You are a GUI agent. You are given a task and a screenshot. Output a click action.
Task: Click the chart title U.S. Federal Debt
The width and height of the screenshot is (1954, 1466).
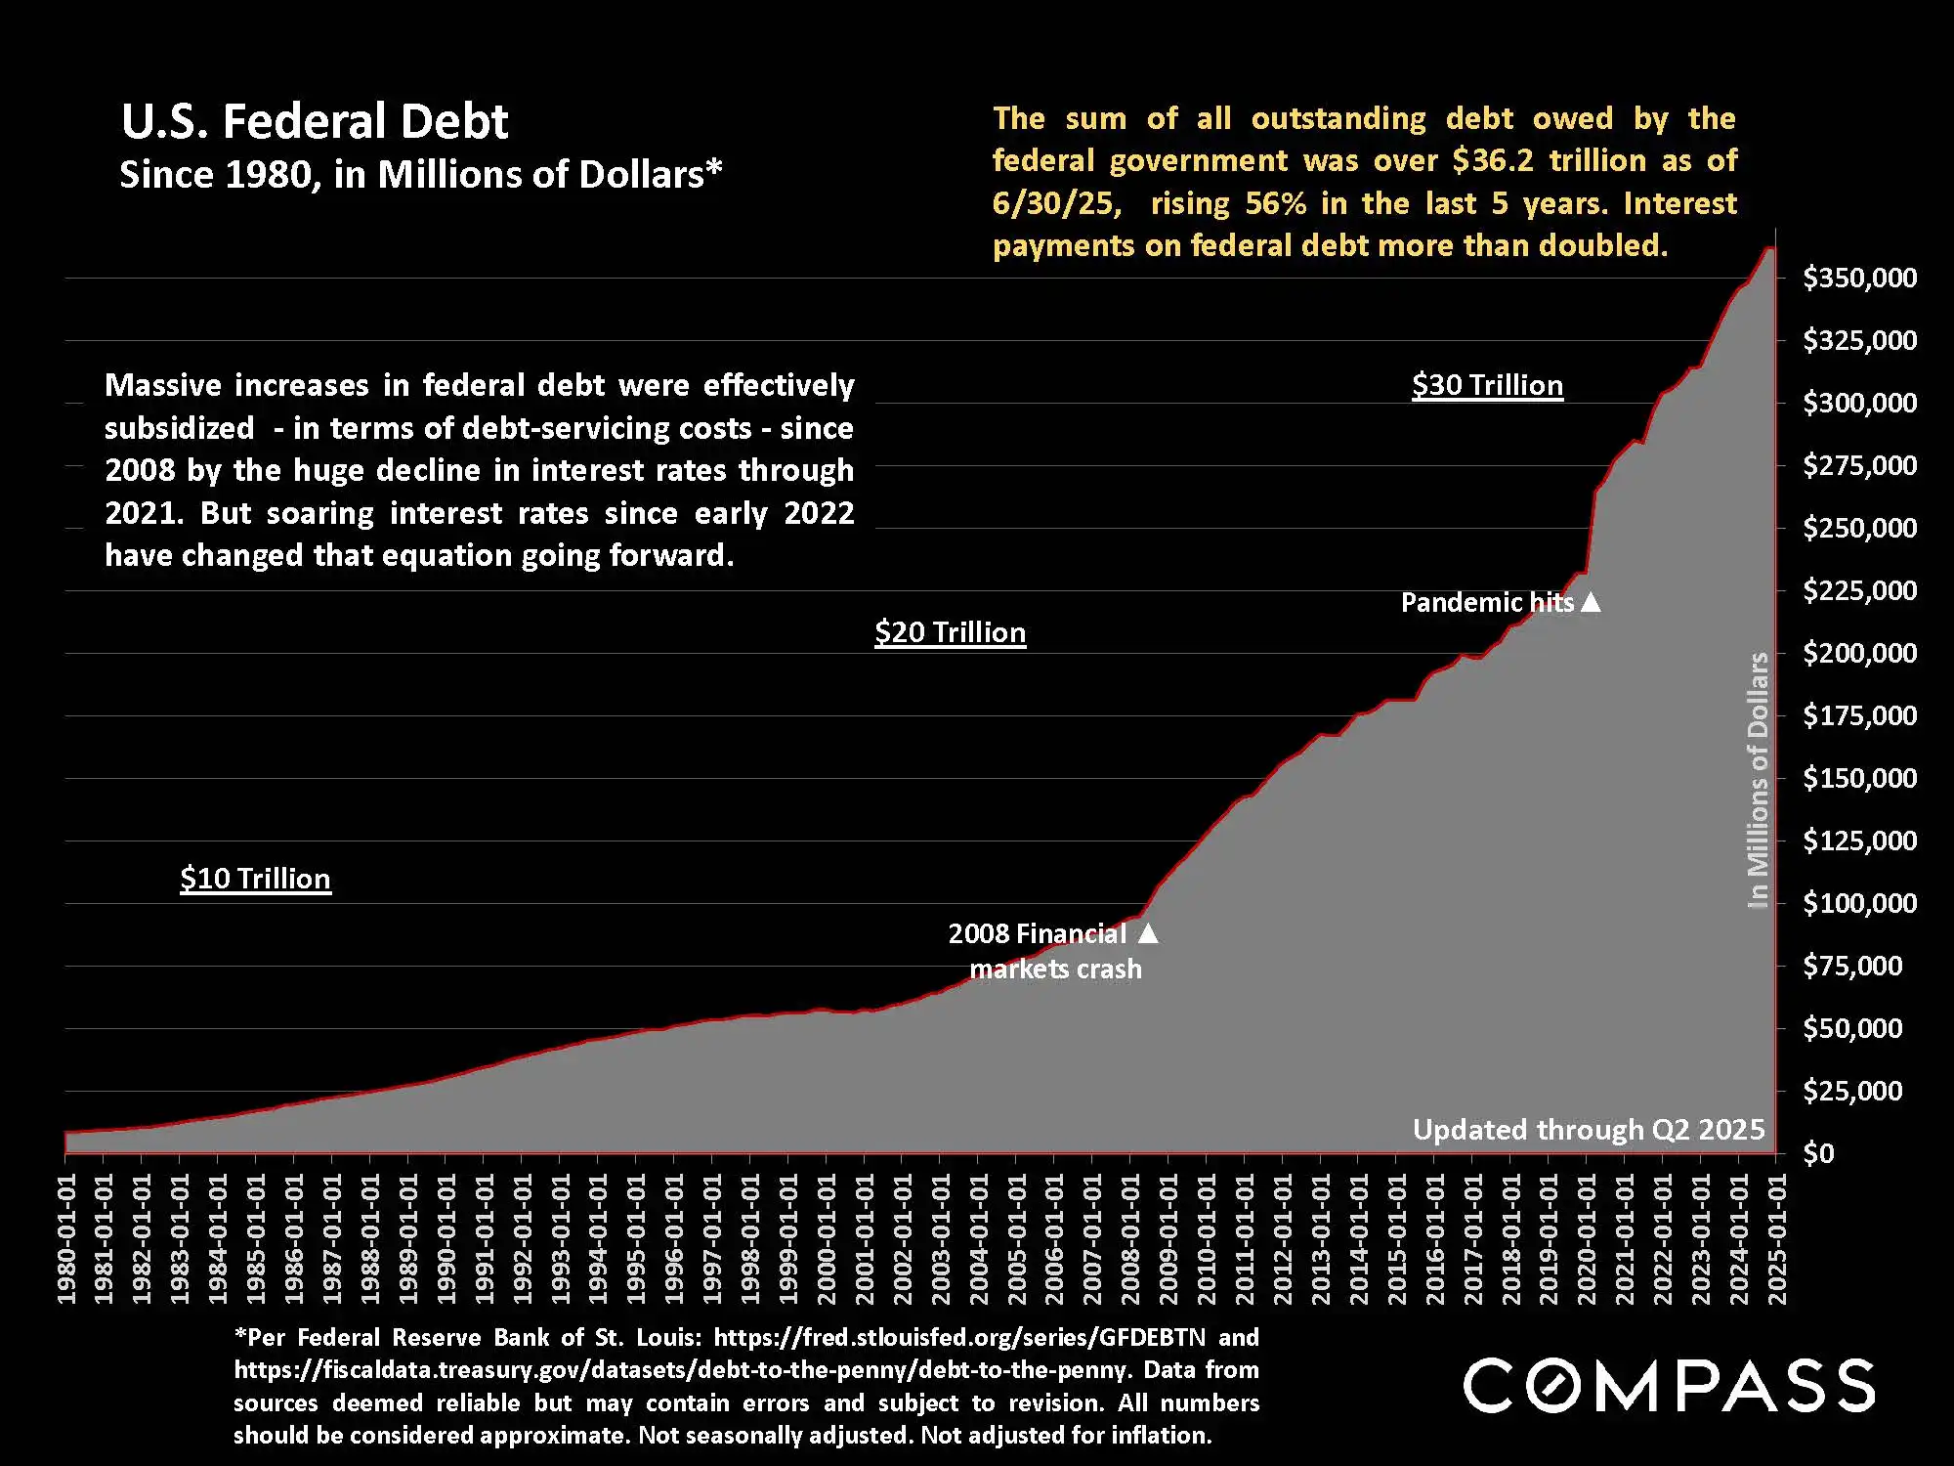click(x=315, y=122)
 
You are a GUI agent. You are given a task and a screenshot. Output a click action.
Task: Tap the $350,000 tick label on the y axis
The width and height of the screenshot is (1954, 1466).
click(x=1859, y=279)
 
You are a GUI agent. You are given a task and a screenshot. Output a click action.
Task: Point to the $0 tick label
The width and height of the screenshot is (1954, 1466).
click(x=1818, y=1154)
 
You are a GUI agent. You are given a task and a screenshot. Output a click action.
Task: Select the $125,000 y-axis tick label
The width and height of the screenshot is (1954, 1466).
click(x=1859, y=841)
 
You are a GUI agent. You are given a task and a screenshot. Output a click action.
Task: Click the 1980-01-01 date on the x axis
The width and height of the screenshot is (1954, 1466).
click(x=66, y=1238)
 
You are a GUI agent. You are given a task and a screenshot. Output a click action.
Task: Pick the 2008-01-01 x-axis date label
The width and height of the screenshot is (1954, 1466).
click(x=1130, y=1238)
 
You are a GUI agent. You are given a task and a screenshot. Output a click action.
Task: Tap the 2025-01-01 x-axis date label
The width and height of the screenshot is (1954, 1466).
click(x=1777, y=1238)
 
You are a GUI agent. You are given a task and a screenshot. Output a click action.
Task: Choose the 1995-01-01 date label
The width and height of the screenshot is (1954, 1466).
click(x=636, y=1238)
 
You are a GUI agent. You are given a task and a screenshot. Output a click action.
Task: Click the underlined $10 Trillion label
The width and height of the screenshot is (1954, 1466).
click(x=255, y=879)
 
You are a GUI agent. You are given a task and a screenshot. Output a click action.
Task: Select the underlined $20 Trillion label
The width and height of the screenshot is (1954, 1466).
click(x=950, y=632)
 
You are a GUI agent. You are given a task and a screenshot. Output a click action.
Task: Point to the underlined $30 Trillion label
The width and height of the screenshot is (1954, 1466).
click(x=1487, y=385)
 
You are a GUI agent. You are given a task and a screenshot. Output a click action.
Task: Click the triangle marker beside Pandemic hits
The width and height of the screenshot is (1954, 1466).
click(x=1591, y=602)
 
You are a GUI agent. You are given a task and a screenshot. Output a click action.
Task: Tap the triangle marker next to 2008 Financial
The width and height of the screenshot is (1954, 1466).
click(x=1148, y=933)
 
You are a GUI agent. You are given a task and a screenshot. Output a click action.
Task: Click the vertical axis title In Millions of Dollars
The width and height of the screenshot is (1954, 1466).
click(x=1758, y=780)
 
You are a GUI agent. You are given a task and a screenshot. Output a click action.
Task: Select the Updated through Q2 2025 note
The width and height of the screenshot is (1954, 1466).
click(x=1589, y=1130)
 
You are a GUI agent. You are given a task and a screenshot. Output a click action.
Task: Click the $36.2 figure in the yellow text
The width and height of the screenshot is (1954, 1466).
click(x=1493, y=161)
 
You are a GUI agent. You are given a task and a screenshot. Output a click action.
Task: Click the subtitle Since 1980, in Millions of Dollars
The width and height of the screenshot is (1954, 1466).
click(x=420, y=175)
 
